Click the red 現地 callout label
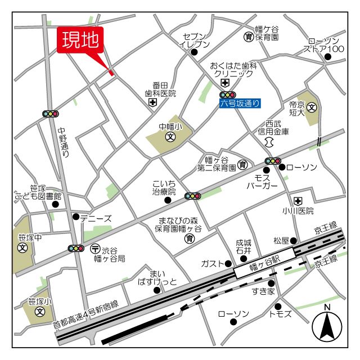[80, 40]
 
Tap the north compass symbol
[328, 326]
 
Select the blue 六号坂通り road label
[240, 103]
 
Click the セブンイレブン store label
[195, 40]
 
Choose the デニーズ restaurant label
[96, 218]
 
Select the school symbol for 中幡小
[169, 137]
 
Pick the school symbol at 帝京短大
[311, 107]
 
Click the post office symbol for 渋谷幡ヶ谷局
[95, 248]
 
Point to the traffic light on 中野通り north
[51, 114]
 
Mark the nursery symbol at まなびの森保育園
[190, 239]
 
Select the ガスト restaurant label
[213, 264]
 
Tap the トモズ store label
[280, 313]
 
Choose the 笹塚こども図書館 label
[38, 192]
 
